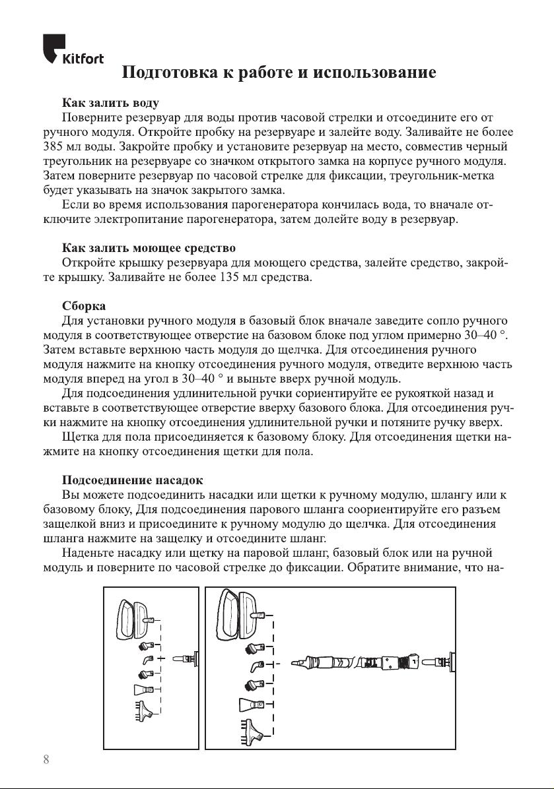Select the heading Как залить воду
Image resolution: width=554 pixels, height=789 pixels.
(110, 104)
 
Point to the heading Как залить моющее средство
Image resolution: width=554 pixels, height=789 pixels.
(149, 248)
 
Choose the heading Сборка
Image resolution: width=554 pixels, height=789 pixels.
(84, 307)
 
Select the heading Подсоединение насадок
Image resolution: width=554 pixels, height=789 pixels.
(132, 479)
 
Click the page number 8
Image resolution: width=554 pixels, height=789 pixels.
(46, 759)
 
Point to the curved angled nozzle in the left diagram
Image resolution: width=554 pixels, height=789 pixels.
(147, 659)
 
